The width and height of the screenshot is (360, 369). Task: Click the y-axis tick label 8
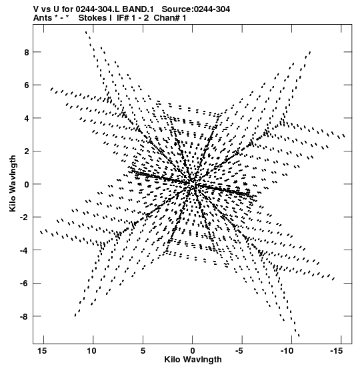27,52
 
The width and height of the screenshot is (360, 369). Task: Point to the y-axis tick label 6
27,85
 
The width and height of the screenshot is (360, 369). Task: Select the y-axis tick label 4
27,118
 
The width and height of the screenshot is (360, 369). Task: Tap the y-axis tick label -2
25,218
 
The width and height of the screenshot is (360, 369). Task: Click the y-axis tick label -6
25,284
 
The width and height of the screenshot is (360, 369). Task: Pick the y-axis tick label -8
25,316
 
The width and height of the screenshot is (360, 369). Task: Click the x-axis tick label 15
42,351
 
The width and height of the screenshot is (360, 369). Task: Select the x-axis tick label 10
92,351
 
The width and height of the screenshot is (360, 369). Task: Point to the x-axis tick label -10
287,351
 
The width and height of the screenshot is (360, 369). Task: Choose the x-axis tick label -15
337,351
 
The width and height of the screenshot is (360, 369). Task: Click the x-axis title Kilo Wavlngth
193,360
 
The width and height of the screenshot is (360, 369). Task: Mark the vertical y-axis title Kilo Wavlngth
13,183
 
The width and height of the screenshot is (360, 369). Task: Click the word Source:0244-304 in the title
196,9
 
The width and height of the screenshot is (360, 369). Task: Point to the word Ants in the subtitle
43,18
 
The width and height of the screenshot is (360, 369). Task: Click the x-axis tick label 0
193,351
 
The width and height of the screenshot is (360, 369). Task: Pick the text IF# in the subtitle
123,18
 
